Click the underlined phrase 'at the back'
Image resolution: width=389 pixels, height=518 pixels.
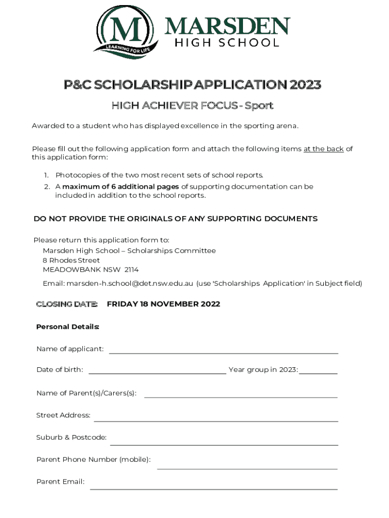point(323,149)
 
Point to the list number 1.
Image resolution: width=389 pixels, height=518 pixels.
point(45,175)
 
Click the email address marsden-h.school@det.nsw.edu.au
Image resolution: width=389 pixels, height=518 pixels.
point(130,283)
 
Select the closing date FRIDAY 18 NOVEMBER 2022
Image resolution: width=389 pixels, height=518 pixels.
point(163,304)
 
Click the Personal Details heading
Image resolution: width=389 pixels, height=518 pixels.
point(68,327)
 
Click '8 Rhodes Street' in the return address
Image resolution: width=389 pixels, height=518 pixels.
point(71,260)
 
